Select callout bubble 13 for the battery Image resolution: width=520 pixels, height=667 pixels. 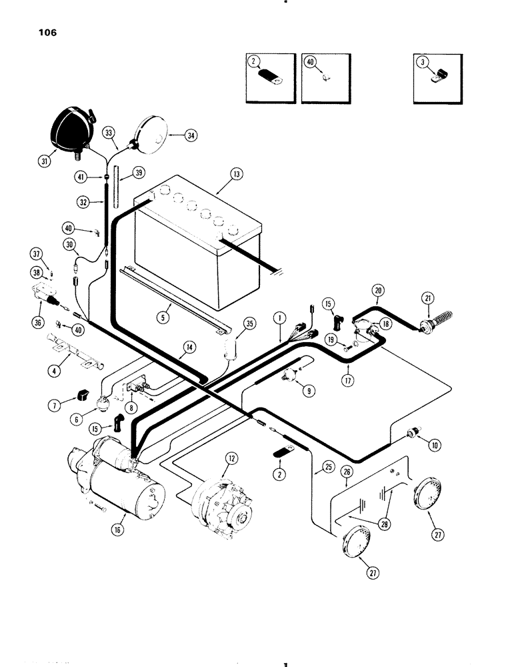[x=238, y=174]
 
